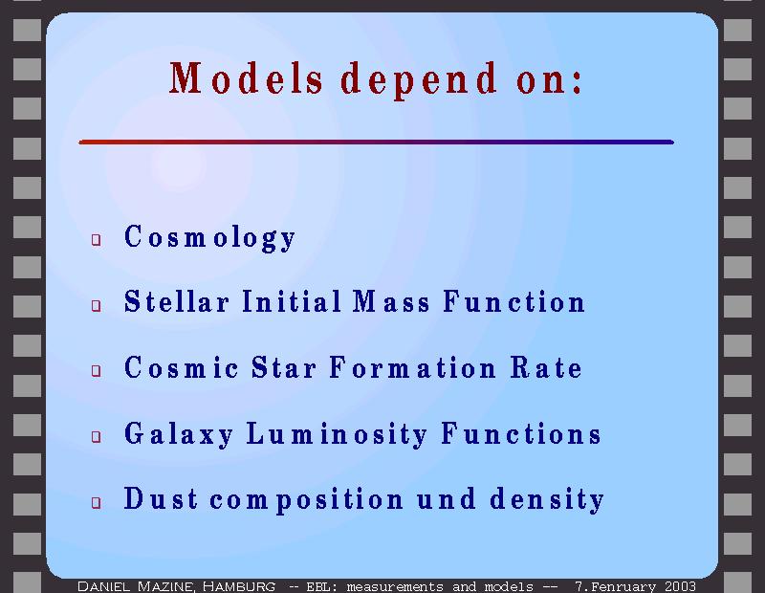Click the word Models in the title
[246, 78]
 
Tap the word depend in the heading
[419, 80]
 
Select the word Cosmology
[209, 238]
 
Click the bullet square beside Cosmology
[97, 240]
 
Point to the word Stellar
[177, 301]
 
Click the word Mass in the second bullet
[391, 301]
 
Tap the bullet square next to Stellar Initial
[97, 305]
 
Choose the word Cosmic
[181, 367]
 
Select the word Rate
[546, 367]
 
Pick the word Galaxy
[179, 434]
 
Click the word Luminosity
[338, 434]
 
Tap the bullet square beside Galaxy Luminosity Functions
[97, 436]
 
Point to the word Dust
[161, 498]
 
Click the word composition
[307, 500]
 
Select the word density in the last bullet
[547, 500]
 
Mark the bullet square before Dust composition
[97, 502]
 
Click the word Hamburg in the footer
[239, 586]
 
